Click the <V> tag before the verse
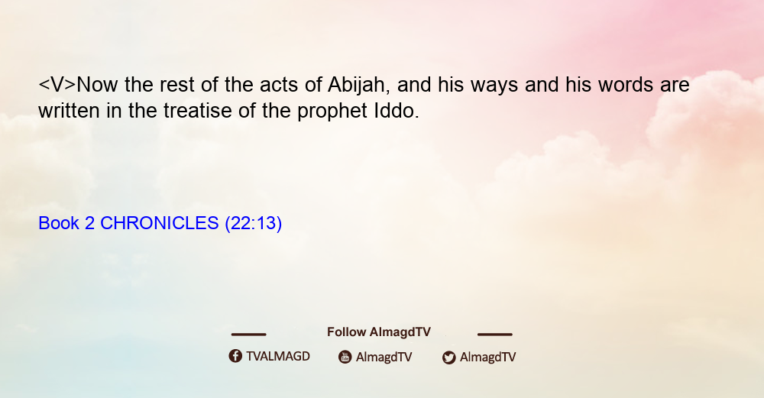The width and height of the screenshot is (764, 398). point(57,85)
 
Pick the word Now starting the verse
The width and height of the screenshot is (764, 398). point(97,85)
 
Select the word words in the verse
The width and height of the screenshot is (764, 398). point(626,85)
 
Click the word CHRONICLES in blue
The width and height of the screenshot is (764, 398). point(160,223)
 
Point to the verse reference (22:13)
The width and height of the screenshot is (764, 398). point(254,224)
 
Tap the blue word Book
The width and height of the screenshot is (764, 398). point(59,223)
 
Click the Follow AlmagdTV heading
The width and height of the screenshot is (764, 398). point(379,332)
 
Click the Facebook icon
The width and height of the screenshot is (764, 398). point(235,356)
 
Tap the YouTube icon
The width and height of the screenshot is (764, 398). point(345,357)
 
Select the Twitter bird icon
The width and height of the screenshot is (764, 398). point(448,358)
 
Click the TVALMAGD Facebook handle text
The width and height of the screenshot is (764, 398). point(278,356)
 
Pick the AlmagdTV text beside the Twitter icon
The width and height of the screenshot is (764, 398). point(487,357)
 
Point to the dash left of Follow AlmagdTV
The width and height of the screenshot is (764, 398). point(248,334)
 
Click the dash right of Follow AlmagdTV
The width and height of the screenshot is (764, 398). point(495,334)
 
